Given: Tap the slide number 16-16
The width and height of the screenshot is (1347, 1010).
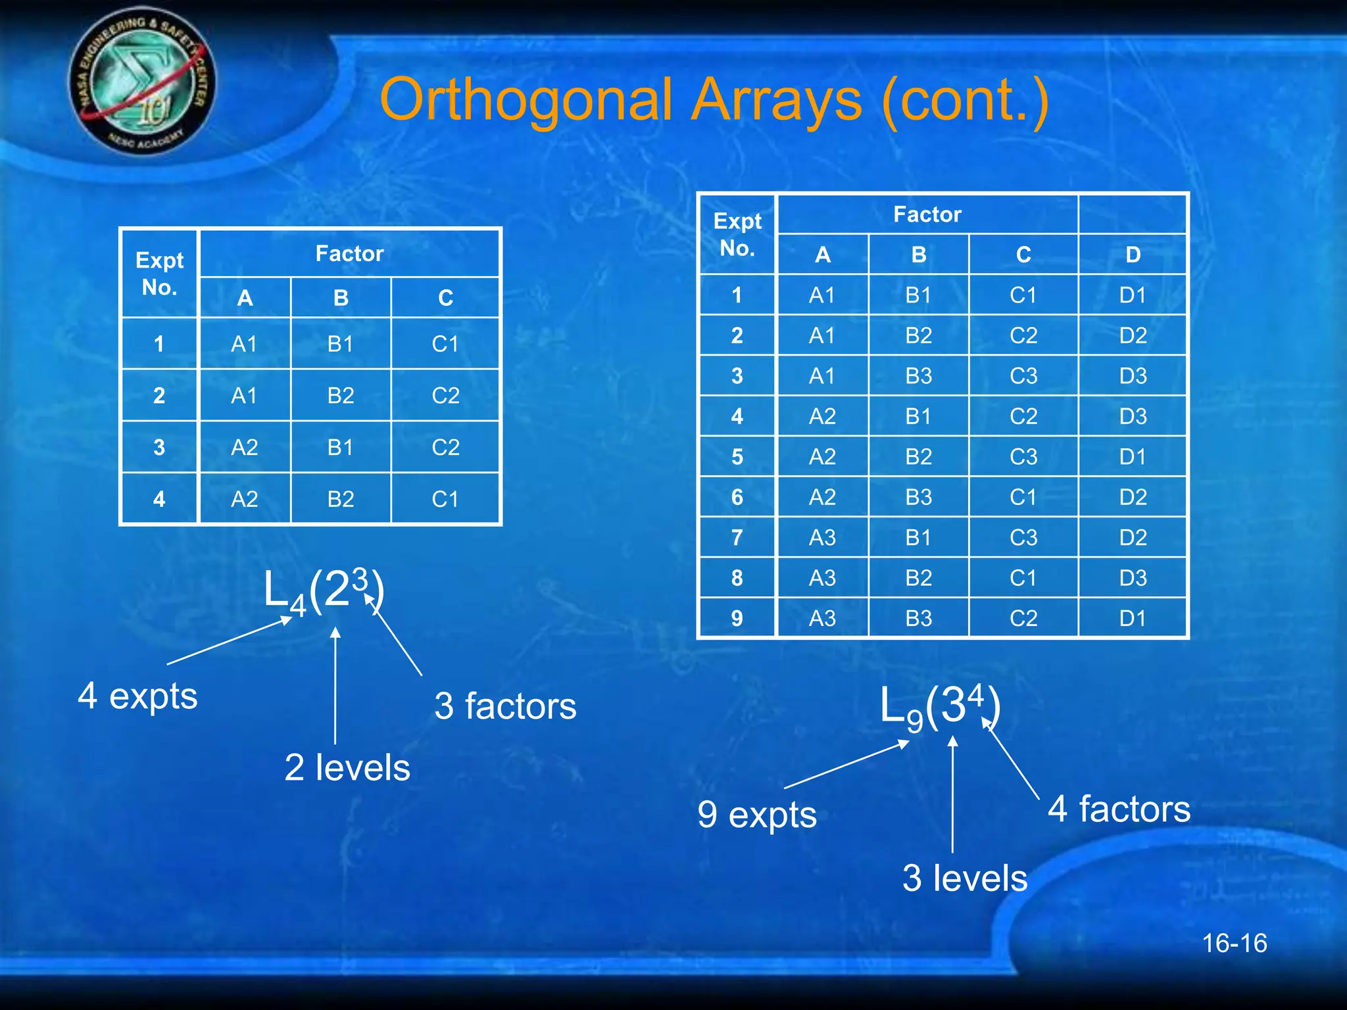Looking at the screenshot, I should [1234, 943].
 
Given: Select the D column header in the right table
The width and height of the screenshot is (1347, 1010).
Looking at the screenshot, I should [1133, 254].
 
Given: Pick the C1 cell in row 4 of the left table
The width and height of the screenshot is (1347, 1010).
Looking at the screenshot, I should [445, 499].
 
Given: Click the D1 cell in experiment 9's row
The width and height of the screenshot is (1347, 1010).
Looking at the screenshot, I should [1133, 618].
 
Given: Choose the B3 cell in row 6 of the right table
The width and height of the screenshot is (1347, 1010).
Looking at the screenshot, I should [918, 497].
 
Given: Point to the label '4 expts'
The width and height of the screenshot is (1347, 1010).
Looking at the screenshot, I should [137, 696].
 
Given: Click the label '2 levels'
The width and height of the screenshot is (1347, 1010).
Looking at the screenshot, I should [347, 767].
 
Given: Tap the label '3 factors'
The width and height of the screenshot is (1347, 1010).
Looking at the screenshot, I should [505, 706].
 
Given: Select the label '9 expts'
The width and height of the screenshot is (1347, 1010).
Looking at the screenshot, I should [757, 815].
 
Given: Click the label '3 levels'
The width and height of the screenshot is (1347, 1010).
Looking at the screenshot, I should [964, 878].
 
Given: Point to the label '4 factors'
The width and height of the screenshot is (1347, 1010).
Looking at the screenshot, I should [1119, 809].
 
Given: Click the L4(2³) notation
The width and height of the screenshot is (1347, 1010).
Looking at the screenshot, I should [323, 590].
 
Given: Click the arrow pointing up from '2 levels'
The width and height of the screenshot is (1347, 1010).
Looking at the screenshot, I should [335, 684].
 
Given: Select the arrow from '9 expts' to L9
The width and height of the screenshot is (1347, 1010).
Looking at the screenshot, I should [847, 764].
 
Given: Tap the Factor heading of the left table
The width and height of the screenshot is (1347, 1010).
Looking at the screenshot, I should [349, 254].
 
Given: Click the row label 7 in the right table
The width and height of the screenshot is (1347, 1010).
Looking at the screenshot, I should [737, 537].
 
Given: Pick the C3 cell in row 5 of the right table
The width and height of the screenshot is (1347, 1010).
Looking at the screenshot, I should [1023, 456].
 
